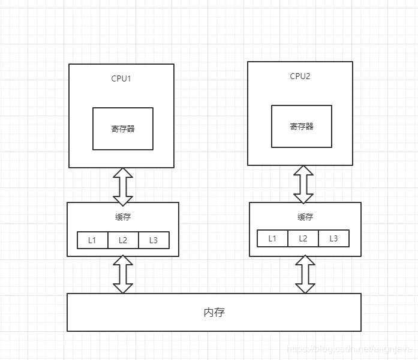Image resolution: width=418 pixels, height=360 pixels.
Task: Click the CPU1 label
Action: pos(121,78)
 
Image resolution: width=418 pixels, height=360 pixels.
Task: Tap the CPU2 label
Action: pos(300,76)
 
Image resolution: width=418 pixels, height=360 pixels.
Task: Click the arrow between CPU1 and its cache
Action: pos(123,185)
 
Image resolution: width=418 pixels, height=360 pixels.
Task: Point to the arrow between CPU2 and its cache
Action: pos(303,184)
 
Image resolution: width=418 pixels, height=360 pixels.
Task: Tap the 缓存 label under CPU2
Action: pos(305,217)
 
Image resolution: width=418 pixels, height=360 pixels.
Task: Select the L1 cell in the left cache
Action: pos(92,240)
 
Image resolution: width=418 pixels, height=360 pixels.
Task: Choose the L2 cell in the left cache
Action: pos(123,240)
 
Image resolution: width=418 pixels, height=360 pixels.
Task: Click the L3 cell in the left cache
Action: pos(154,240)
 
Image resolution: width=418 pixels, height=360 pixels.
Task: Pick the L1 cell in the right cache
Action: pos(272,238)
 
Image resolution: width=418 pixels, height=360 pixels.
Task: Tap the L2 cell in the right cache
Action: pos(303,238)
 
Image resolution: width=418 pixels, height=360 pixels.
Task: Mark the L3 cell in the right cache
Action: pos(333,238)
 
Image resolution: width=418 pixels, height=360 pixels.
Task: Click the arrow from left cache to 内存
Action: pos(123,274)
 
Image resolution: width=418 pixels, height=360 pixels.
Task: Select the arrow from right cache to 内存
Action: pos(305,274)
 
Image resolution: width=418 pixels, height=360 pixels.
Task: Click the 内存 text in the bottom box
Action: pos(214,313)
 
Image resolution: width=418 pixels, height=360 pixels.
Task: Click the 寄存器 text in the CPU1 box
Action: pos(123,129)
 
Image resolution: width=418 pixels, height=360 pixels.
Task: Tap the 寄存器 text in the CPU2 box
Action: pos(302,126)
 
